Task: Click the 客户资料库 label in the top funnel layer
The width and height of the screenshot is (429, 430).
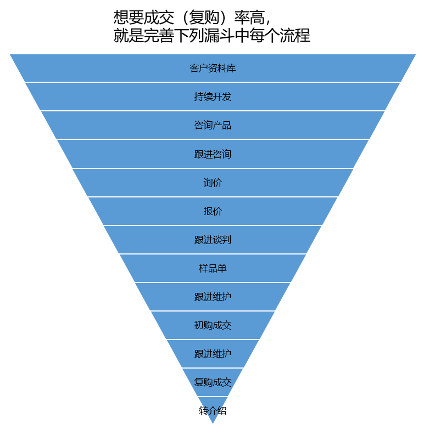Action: (x=213, y=69)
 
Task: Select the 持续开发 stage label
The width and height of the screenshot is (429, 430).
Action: (x=213, y=97)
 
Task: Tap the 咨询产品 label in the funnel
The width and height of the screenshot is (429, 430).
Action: (x=213, y=126)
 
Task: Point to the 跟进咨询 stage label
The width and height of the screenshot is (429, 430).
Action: (x=213, y=155)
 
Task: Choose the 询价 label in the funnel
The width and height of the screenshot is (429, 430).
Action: (x=213, y=183)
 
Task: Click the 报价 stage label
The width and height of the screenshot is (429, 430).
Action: (x=213, y=211)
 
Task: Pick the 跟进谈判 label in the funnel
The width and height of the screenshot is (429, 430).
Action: (x=213, y=240)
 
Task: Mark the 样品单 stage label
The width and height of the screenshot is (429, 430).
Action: (x=213, y=268)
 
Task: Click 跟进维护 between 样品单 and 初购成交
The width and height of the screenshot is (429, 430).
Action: (x=213, y=297)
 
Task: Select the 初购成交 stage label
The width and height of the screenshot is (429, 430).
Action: (x=213, y=325)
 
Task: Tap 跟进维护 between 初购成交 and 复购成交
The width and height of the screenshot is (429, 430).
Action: (x=213, y=354)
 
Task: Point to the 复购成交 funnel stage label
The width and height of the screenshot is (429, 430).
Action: (x=213, y=382)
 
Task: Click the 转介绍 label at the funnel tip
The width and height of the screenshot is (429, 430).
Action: (x=213, y=411)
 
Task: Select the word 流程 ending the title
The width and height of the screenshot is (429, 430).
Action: (x=295, y=36)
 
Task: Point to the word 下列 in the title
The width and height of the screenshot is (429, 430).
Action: (x=188, y=36)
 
